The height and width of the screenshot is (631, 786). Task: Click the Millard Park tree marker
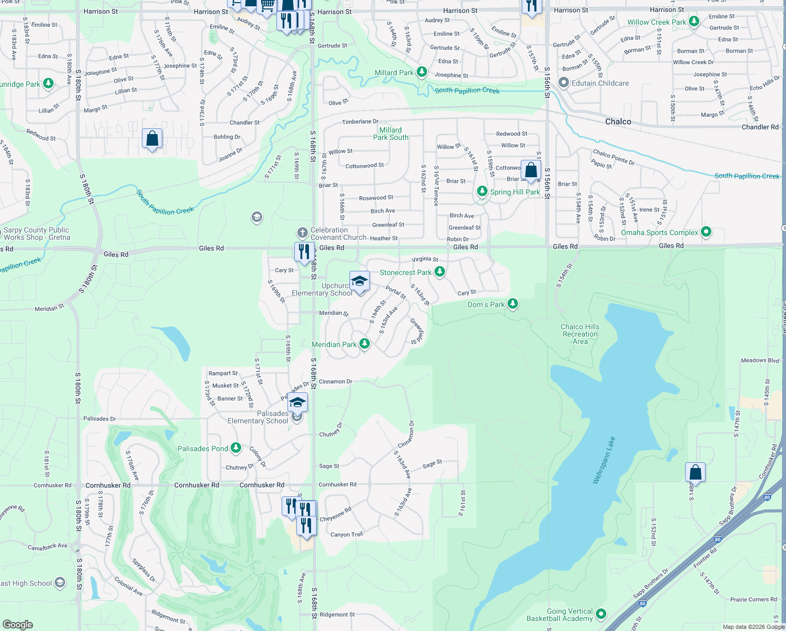(x=421, y=72)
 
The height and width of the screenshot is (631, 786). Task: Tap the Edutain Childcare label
(x=600, y=83)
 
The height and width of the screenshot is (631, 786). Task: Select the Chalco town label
(x=618, y=121)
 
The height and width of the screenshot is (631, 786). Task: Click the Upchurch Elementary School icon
(x=359, y=281)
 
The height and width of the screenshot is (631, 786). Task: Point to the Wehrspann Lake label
(x=604, y=460)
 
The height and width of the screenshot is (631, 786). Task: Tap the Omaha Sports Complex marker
(x=706, y=231)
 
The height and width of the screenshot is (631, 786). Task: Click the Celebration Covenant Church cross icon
(x=302, y=232)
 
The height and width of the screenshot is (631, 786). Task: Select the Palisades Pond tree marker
(x=236, y=448)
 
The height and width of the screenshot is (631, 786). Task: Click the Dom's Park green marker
(x=513, y=304)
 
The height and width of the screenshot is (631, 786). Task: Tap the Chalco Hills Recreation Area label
(x=580, y=334)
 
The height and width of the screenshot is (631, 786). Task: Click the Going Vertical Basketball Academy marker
(x=601, y=614)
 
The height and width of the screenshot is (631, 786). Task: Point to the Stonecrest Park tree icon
(x=440, y=272)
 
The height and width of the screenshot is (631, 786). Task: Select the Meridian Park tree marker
(x=364, y=344)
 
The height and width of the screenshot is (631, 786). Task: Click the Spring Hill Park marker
(x=482, y=191)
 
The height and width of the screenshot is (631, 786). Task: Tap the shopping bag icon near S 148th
(x=695, y=472)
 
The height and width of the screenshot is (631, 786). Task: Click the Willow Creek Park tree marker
(x=694, y=22)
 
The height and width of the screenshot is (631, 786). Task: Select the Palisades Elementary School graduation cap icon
(x=297, y=403)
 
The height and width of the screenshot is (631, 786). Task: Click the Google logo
(x=17, y=624)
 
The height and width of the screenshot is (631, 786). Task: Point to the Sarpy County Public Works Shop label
(x=36, y=233)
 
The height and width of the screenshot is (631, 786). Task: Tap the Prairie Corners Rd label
(x=753, y=599)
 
